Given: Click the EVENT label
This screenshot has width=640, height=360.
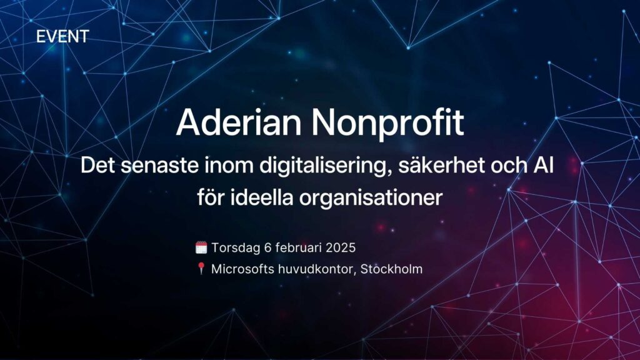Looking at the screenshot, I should pyautogui.click(x=62, y=36).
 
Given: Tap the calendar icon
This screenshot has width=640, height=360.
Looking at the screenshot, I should pyautogui.click(x=201, y=247).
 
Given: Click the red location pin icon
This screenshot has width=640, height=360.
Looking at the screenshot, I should pyautogui.click(x=201, y=269).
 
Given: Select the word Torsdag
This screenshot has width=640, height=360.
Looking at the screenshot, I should pyautogui.click(x=234, y=247).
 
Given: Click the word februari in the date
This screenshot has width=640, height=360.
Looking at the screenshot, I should pyautogui.click(x=297, y=247).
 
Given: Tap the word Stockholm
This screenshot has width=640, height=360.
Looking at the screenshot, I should pyautogui.click(x=392, y=269).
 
